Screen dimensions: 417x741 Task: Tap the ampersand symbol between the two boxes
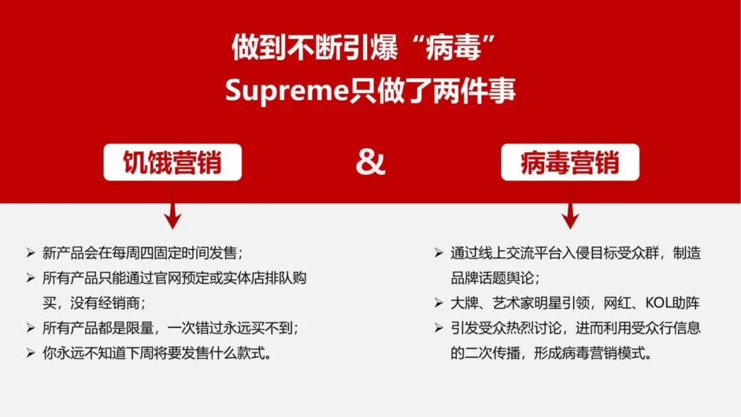pyautogui.click(x=370, y=163)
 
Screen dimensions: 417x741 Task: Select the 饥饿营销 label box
pyautogui.click(x=172, y=163)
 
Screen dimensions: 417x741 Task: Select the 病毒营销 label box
pyautogui.click(x=569, y=163)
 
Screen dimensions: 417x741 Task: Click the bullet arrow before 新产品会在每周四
pyautogui.click(x=30, y=253)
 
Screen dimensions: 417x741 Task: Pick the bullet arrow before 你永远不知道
pyautogui.click(x=30, y=353)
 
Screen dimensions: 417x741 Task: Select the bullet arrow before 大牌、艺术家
pyautogui.click(x=438, y=303)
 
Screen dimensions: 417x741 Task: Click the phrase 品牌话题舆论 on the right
pyautogui.click(x=491, y=278)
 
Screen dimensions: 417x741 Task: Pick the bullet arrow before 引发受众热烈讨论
pyautogui.click(x=438, y=329)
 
